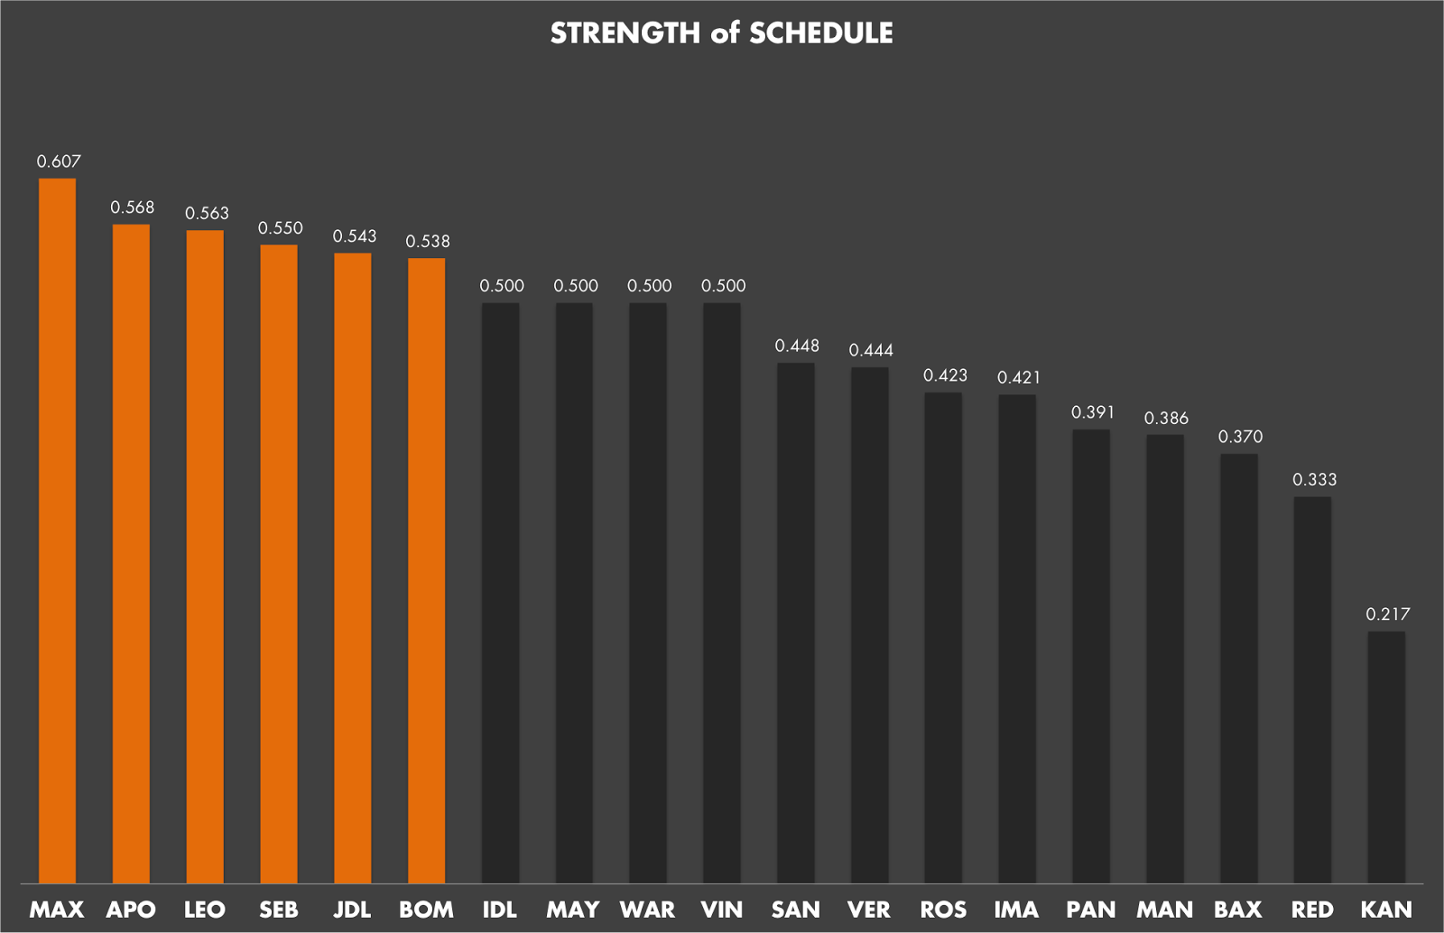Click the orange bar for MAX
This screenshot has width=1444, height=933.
click(x=58, y=531)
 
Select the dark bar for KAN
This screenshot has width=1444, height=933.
click(x=1386, y=757)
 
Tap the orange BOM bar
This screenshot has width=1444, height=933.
click(x=427, y=571)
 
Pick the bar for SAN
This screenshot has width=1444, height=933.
click(x=795, y=624)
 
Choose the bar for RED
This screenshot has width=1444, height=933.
click(x=1312, y=690)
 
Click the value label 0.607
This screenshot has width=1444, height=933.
click(x=59, y=162)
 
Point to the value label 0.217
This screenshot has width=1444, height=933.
click(x=1388, y=614)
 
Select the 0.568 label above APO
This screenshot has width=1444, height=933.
click(x=132, y=208)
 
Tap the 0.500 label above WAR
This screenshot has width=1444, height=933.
click(x=649, y=285)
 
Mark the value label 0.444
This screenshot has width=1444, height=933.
click(x=871, y=350)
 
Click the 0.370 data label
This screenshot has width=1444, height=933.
click(x=1240, y=437)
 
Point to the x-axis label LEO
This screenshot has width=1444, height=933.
click(x=204, y=910)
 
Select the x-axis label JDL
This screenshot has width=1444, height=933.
click(x=352, y=910)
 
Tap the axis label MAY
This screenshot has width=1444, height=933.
click(x=573, y=910)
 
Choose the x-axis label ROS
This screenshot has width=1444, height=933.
click(x=943, y=910)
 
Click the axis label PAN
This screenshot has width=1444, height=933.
click(x=1091, y=910)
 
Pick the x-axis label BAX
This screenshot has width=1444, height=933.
click(x=1238, y=910)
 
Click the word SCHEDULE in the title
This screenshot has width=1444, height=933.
click(x=820, y=33)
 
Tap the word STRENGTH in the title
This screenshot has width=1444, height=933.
click(x=625, y=33)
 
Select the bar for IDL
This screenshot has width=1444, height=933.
click(x=500, y=594)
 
